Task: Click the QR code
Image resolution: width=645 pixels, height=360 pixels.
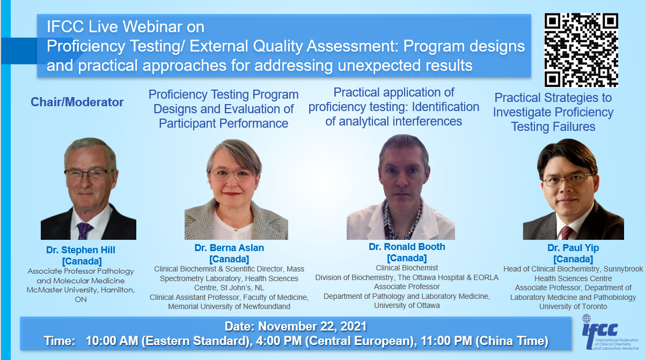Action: click(x=581, y=50)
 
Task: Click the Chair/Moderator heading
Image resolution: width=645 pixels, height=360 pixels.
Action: click(x=77, y=102)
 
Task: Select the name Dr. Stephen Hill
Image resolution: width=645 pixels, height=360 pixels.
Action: click(x=80, y=249)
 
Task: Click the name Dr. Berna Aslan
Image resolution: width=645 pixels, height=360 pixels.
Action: click(x=229, y=248)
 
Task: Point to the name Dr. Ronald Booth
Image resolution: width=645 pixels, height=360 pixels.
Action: click(x=407, y=247)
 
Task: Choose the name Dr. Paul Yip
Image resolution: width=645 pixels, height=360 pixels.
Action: click(x=573, y=248)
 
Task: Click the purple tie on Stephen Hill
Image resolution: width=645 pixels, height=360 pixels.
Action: click(x=84, y=231)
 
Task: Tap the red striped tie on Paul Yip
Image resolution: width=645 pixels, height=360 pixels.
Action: click(x=567, y=233)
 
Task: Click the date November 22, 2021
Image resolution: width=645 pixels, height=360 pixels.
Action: click(x=312, y=326)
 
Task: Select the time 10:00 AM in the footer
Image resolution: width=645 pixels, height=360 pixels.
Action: click(x=112, y=341)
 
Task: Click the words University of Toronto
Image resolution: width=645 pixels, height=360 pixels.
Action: click(x=573, y=306)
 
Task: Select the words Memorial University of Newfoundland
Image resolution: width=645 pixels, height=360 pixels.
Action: click(x=229, y=306)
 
